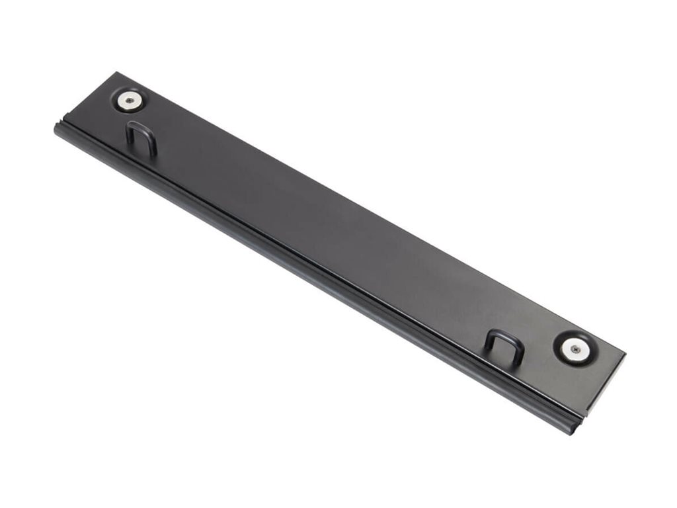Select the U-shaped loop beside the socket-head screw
[x=141, y=136]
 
